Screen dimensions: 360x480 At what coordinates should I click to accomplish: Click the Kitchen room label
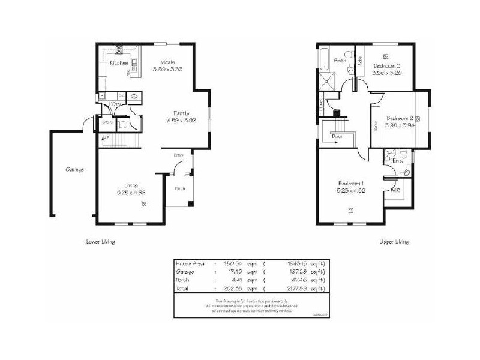(118, 63)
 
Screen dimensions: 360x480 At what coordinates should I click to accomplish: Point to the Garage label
(74, 169)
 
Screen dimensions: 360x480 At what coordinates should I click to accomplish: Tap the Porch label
(180, 188)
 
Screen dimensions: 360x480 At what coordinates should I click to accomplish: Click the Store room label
(107, 122)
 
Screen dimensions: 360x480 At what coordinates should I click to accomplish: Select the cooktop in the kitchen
(119, 50)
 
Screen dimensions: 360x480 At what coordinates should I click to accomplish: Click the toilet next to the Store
(122, 124)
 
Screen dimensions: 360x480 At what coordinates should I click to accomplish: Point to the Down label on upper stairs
(338, 136)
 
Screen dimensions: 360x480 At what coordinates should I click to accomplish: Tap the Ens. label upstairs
(397, 161)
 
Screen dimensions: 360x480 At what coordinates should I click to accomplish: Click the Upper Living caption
(394, 242)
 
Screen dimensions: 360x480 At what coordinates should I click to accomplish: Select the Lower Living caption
(100, 242)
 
